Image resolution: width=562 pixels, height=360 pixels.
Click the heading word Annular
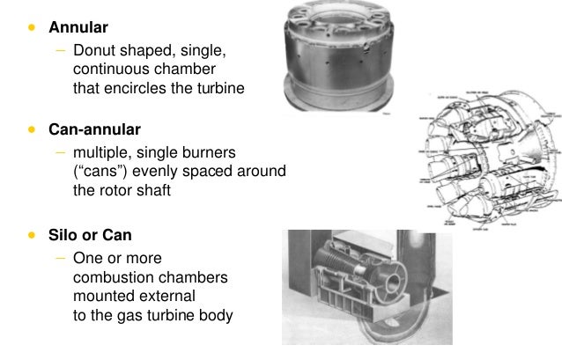click(78, 27)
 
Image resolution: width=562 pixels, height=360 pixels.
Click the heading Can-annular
click(96, 131)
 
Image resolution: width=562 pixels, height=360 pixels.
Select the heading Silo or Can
click(90, 236)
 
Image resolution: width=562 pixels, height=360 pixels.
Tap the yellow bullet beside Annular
click(33, 27)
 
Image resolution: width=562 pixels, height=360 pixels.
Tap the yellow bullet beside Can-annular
click(33, 131)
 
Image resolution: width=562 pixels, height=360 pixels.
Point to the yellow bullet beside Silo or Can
click(33, 236)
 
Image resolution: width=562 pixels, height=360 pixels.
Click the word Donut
click(96, 50)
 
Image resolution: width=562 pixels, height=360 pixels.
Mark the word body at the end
click(217, 314)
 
